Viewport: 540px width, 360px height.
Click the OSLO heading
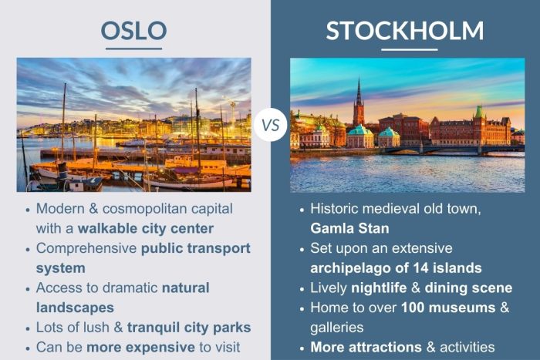[134, 30]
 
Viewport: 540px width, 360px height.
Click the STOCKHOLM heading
[404, 30]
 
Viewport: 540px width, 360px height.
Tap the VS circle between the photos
[270, 124]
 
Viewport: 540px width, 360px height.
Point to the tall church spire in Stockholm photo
[359, 96]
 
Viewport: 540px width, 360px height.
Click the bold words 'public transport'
[196, 248]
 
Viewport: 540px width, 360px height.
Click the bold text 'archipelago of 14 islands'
[395, 267]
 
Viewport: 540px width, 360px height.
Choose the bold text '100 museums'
[435, 307]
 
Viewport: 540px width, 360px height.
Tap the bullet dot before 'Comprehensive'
[29, 249]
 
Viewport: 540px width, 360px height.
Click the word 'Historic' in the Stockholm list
[336, 209]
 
